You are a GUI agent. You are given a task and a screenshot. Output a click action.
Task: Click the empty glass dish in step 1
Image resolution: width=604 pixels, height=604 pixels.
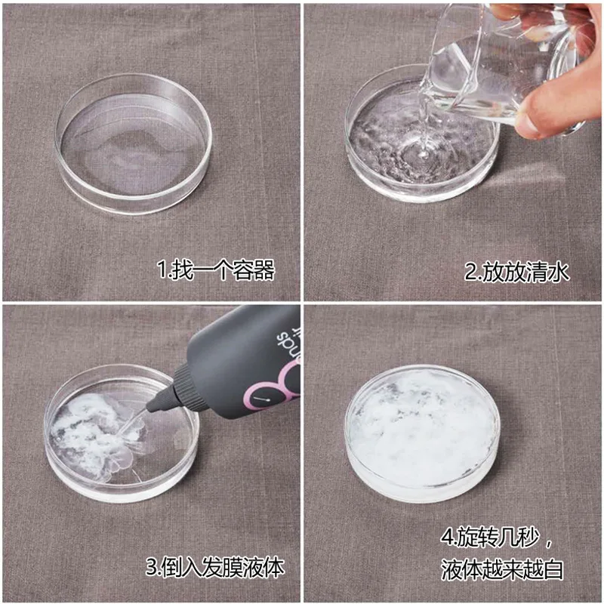click(x=134, y=143)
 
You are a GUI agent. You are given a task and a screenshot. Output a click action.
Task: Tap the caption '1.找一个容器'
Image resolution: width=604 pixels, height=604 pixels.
click(x=216, y=270)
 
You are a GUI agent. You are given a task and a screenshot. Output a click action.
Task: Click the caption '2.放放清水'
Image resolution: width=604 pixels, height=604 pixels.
click(x=517, y=272)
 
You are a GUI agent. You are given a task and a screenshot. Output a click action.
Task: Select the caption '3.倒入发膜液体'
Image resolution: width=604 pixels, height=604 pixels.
click(x=215, y=567)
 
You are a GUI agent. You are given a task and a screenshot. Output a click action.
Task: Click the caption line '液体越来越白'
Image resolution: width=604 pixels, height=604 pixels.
click(x=502, y=569)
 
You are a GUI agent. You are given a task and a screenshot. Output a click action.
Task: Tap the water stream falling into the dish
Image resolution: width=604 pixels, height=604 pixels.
click(x=424, y=123)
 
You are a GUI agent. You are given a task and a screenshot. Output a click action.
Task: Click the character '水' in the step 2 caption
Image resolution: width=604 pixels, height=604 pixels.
click(x=558, y=272)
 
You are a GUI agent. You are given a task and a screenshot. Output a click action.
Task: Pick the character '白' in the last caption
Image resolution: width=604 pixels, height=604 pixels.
click(x=553, y=569)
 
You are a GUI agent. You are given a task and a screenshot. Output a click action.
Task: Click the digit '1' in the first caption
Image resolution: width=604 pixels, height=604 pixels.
click(x=162, y=270)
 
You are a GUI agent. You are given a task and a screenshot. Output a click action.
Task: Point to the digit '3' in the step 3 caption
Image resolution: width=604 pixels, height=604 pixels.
click(x=152, y=567)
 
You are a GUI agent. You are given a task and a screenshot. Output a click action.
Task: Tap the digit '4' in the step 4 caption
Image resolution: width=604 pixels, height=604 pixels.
click(x=447, y=537)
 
